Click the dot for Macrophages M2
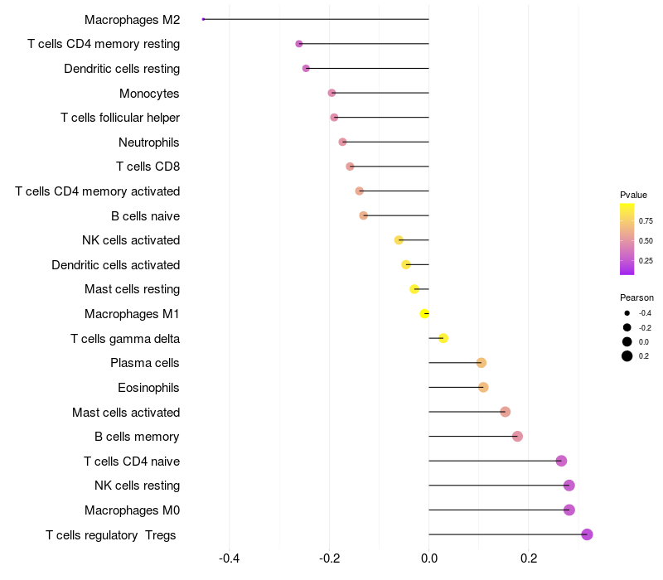pyautogui.click(x=203, y=19)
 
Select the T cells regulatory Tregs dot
pyautogui.click(x=587, y=534)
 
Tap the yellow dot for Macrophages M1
pyautogui.click(x=424, y=313)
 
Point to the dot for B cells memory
pyautogui.click(x=517, y=437)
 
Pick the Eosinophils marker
pyautogui.click(x=483, y=387)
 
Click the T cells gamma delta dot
pyautogui.click(x=443, y=338)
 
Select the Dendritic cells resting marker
pyautogui.click(x=306, y=68)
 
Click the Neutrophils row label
pyautogui.click(x=149, y=143)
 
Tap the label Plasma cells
pyautogui.click(x=145, y=363)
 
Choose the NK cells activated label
pyautogui.click(x=131, y=240)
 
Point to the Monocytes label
pyautogui.click(x=149, y=94)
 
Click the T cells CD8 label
pyautogui.click(x=148, y=167)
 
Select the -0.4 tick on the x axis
pyautogui.click(x=229, y=559)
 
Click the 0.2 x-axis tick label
pyautogui.click(x=528, y=559)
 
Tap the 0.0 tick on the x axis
pyautogui.click(x=428, y=559)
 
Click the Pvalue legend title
pyautogui.click(x=633, y=195)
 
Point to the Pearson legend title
pyautogui.click(x=636, y=297)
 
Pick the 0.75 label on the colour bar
pyautogui.click(x=646, y=221)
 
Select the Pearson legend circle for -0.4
pyautogui.click(x=627, y=313)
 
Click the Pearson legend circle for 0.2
pyautogui.click(x=627, y=356)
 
